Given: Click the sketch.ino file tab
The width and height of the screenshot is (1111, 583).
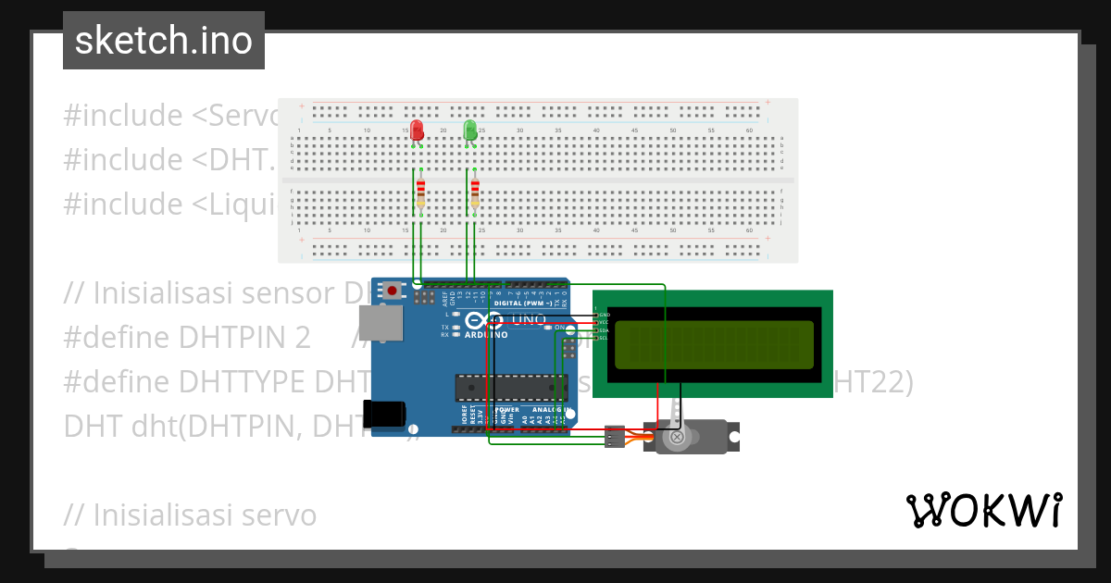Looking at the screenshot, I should (164, 41).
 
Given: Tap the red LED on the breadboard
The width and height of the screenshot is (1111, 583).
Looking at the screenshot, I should (417, 130).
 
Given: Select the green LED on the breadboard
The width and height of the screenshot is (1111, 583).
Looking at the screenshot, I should (470, 130).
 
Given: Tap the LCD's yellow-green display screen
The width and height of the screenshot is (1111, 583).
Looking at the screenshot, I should (713, 343).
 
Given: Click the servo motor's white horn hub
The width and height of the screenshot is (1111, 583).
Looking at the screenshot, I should (677, 436).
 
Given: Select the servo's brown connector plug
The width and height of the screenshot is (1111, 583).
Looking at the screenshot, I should (614, 436).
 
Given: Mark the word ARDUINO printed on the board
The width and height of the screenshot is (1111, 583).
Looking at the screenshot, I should (486, 335).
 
